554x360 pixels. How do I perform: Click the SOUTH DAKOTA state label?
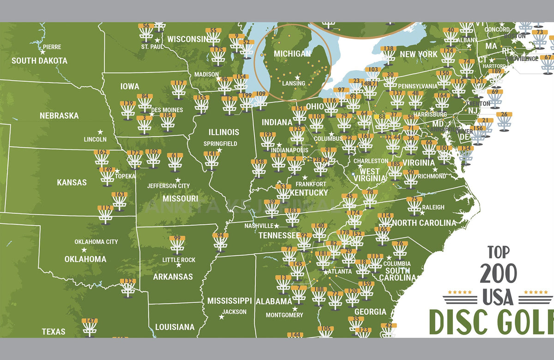[x=39, y=60]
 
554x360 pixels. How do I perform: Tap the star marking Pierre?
[x=42, y=52]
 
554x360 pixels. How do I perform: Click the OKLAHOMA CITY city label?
[x=96, y=241]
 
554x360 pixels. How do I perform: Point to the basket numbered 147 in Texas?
[x=90, y=327]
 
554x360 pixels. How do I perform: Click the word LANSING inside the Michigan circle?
[x=294, y=83]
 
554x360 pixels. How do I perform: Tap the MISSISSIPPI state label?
[x=229, y=300]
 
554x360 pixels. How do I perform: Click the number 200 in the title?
[x=498, y=273]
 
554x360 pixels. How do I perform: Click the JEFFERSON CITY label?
[x=168, y=186]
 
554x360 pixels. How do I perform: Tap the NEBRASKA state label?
[x=59, y=115]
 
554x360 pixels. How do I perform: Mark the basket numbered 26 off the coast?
[x=504, y=121]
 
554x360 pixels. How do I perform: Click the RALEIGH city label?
[x=433, y=207]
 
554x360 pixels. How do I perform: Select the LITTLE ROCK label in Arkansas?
[x=179, y=260]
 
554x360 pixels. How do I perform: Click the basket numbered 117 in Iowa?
[x=179, y=90]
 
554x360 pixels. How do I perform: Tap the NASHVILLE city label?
[x=259, y=226]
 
